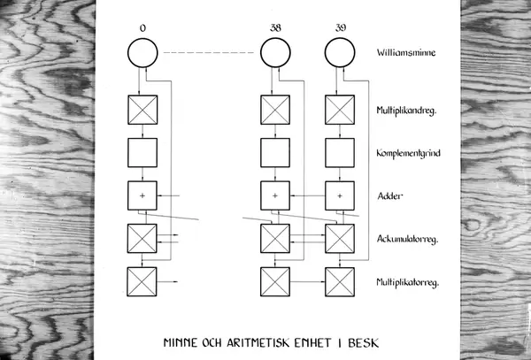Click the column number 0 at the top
click(x=142, y=28)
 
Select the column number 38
click(x=275, y=27)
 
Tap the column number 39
click(x=341, y=27)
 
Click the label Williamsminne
click(x=406, y=52)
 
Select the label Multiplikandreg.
click(x=406, y=111)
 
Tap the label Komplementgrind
click(x=408, y=153)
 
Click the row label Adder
click(x=390, y=195)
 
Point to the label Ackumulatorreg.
click(x=407, y=239)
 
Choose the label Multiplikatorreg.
click(x=408, y=282)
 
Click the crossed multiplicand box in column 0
click(x=142, y=110)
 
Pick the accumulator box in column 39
click(x=340, y=238)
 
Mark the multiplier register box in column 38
click(x=275, y=281)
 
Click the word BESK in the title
click(x=363, y=342)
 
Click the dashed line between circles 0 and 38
click(x=208, y=53)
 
